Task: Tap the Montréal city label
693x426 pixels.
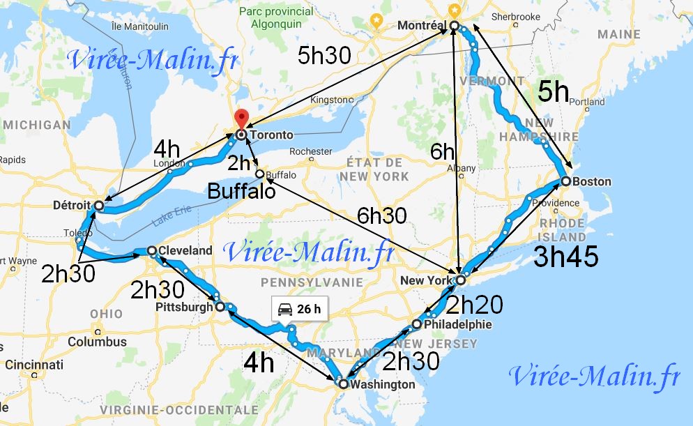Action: [x=420, y=25]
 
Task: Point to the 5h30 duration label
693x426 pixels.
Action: [x=323, y=56]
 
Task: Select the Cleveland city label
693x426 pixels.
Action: [x=185, y=250]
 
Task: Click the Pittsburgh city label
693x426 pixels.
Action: [x=185, y=307]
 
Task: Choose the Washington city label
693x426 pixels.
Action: [x=383, y=384]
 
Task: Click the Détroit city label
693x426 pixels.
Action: [x=72, y=206]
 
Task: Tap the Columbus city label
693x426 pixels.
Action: [x=98, y=342]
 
